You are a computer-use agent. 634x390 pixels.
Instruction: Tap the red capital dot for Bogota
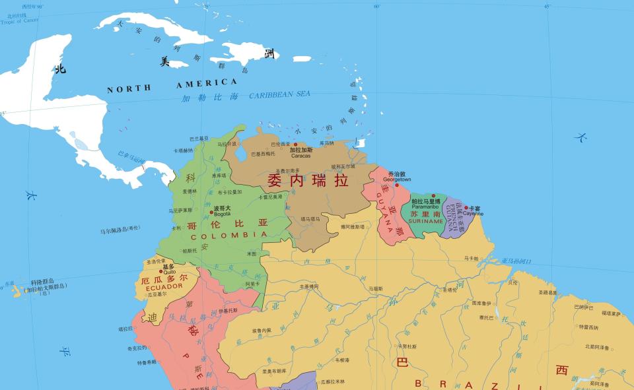point(211,212)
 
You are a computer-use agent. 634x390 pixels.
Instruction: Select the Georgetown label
point(397,179)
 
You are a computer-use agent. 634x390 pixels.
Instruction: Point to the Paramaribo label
point(425,207)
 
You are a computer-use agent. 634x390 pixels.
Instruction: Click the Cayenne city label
point(473,214)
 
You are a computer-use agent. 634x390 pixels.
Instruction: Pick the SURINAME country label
point(426,221)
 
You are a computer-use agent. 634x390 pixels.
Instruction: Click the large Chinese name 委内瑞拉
point(307,179)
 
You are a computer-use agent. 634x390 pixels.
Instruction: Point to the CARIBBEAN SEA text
point(279,94)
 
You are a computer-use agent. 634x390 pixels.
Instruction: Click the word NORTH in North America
point(129,88)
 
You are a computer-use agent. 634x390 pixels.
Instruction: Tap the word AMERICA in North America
point(206,83)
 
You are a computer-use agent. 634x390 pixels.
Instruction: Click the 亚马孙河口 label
point(516,261)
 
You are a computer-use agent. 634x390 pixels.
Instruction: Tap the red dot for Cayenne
point(466,208)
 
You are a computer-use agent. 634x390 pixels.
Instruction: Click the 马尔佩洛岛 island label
point(120,230)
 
